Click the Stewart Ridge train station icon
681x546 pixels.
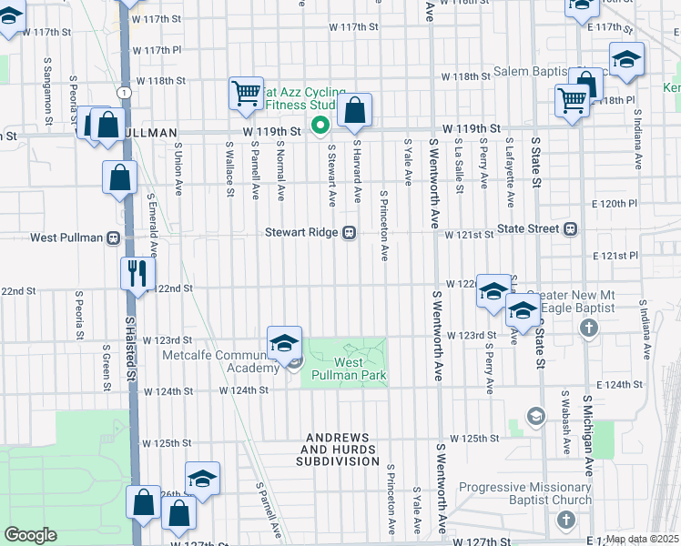[349, 233]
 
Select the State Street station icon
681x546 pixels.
[571, 229]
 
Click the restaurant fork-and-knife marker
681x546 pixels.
[137, 272]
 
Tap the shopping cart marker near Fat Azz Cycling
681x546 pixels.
[246, 93]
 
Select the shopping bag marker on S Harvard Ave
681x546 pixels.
[355, 111]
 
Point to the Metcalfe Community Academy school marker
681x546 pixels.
[285, 343]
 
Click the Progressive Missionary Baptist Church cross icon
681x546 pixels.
[565, 520]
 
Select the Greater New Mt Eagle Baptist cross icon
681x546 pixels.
[590, 326]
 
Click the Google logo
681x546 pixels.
[31, 534]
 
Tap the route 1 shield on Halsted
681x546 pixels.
[122, 93]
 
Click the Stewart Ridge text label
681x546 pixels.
[301, 233]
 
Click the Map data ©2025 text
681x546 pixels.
[643, 539]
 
